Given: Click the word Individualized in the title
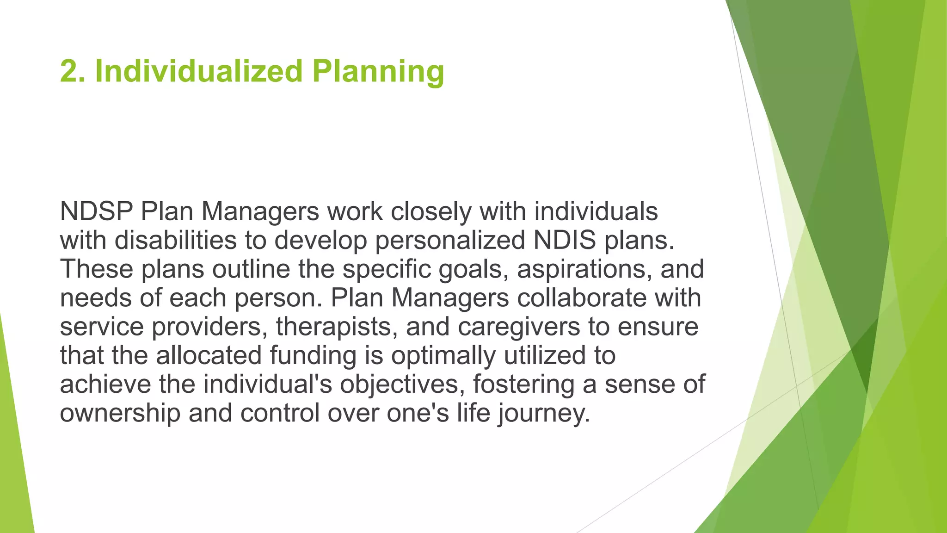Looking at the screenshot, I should pos(199,72).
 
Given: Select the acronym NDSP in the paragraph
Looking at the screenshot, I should pos(96,212).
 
